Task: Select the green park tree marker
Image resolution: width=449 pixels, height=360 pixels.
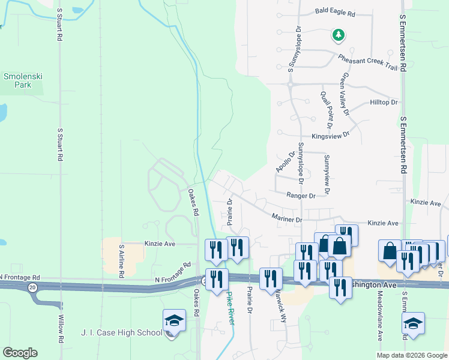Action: pyautogui.click(x=339, y=36)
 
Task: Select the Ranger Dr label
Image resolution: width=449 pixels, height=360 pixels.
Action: pyautogui.click(x=301, y=196)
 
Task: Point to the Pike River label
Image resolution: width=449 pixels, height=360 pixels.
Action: pyautogui.click(x=232, y=308)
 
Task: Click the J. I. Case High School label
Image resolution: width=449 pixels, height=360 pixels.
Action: pyautogui.click(x=121, y=333)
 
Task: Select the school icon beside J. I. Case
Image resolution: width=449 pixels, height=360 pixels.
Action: pyautogui.click(x=174, y=320)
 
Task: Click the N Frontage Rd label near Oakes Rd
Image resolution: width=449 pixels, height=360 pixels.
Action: pyautogui.click(x=172, y=280)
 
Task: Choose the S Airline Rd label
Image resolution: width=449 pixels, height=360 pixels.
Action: pyautogui.click(x=121, y=260)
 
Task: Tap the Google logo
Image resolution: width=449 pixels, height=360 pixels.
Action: pyautogui.click(x=20, y=353)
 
